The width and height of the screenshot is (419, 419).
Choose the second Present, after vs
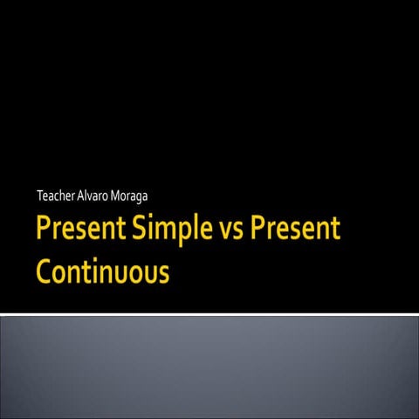pyautogui.click(x=294, y=230)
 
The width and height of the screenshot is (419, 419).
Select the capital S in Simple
pyautogui.click(x=139, y=230)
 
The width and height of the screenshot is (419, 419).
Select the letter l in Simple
pyautogui.click(x=193, y=229)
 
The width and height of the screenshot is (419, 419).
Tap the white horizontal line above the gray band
pyautogui.click(x=209, y=313)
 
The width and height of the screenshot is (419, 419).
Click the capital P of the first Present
pyautogui.click(x=45, y=230)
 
